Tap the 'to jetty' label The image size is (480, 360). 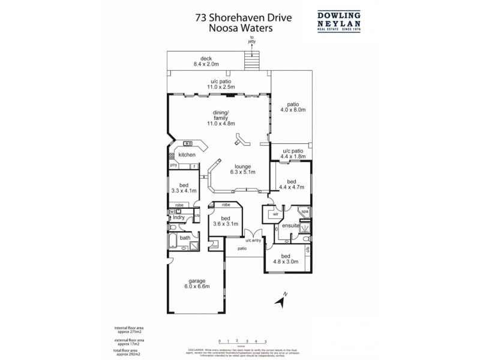pos(251,40)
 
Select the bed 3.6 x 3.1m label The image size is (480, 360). pos(226,221)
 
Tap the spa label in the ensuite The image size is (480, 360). pos(304,212)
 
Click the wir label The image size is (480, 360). pos(276,214)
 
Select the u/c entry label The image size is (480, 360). pos(253,241)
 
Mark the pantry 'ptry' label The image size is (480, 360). pos(173,164)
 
